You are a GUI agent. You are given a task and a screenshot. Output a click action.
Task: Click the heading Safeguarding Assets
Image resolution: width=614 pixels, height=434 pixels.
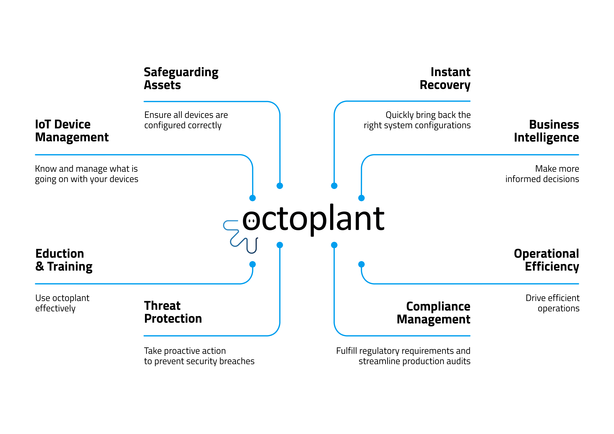click(x=181, y=79)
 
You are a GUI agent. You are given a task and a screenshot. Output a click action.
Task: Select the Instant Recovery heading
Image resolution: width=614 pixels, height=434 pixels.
click(x=445, y=79)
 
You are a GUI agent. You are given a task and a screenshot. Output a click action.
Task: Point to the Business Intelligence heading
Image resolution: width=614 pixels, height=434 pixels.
click(x=546, y=131)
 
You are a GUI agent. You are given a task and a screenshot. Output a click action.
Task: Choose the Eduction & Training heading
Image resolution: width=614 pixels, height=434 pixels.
click(x=64, y=260)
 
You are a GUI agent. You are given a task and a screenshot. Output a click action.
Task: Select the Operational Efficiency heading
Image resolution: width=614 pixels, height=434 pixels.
click(x=546, y=260)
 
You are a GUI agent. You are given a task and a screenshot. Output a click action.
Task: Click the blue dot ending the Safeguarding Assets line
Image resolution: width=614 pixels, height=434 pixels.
click(x=280, y=186)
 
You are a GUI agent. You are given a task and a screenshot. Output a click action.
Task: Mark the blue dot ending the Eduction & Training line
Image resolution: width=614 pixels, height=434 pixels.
click(x=252, y=264)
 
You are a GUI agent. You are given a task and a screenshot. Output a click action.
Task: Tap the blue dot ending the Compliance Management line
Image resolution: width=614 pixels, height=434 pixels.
click(x=334, y=245)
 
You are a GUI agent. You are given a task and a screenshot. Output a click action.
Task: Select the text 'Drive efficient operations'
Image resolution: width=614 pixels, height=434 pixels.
click(x=552, y=303)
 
